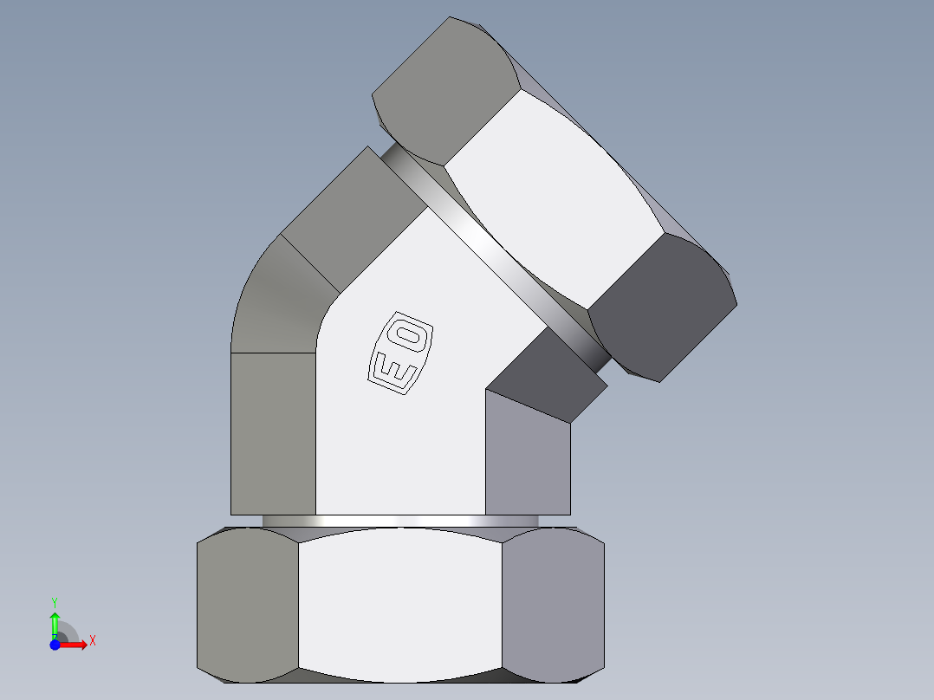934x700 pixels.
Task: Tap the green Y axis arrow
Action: pyautogui.click(x=55, y=623)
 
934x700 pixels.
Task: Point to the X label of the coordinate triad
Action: pyautogui.click(x=92, y=641)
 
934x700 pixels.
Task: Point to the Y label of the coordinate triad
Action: pyautogui.click(x=55, y=601)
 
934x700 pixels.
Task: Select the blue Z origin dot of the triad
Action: pyautogui.click(x=55, y=645)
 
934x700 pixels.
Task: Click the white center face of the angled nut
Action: pyautogui.click(x=555, y=199)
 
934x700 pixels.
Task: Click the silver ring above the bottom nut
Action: pyautogui.click(x=400, y=521)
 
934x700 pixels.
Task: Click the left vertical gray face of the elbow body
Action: pyautogui.click(x=273, y=433)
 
